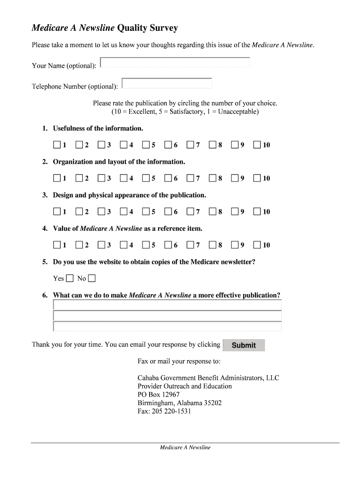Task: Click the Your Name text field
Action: (x=175, y=63)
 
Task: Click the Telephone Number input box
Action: (x=167, y=83)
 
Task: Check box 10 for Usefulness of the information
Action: (x=257, y=145)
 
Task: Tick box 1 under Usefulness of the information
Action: (x=57, y=145)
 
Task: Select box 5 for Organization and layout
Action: (x=146, y=178)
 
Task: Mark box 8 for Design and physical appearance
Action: (x=213, y=211)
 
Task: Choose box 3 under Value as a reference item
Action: (x=101, y=245)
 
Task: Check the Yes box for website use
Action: (x=70, y=279)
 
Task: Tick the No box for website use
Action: (x=92, y=279)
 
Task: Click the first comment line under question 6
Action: (x=167, y=305)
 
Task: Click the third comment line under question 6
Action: (x=167, y=327)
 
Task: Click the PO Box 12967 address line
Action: (x=158, y=394)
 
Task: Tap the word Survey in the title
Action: (x=161, y=29)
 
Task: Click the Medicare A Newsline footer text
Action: (x=185, y=448)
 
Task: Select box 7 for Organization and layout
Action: (x=190, y=178)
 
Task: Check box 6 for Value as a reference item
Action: (x=168, y=245)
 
